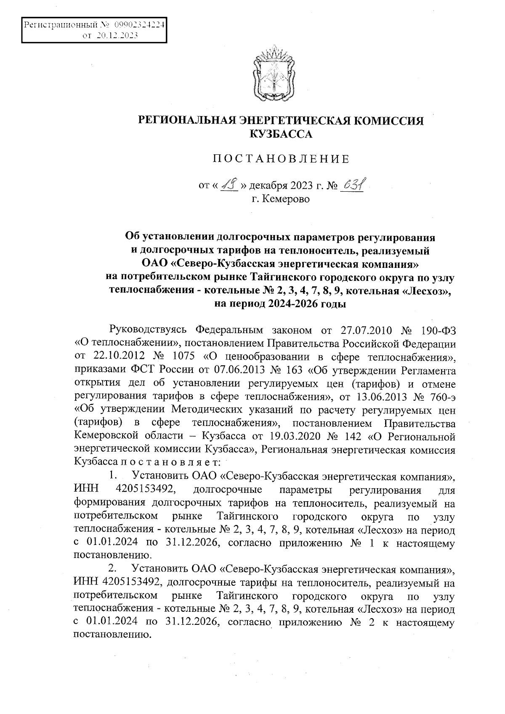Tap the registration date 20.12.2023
pos(117,36)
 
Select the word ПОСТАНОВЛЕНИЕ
pos(281,159)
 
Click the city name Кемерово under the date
pos(286,198)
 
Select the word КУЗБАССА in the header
pos(281,135)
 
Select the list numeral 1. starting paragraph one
pos(112,476)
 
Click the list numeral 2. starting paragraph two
pos(112,569)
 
